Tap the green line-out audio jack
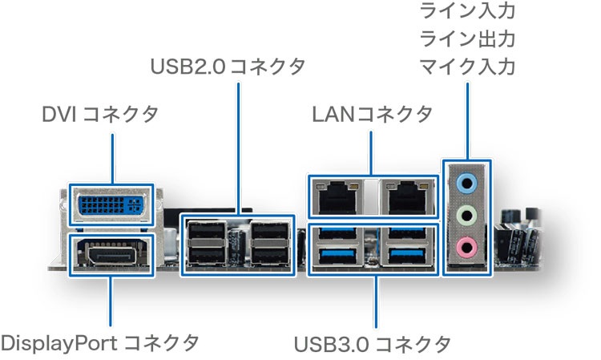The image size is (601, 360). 466,215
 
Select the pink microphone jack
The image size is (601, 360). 466,245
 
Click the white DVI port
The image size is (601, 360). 111,204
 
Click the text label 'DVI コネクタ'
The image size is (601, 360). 100,115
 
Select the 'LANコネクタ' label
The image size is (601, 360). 372,115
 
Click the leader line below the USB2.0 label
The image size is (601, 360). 238,144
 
